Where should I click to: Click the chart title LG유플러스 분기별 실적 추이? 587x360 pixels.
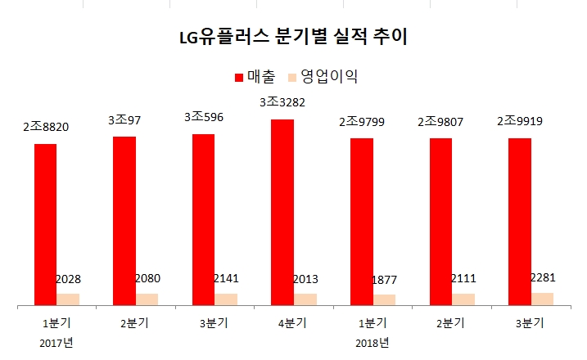pos(293,38)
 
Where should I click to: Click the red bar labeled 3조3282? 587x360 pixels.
pos(282,213)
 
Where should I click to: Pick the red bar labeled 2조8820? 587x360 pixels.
pos(45,225)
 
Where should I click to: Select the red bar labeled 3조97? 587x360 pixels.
pos(124,221)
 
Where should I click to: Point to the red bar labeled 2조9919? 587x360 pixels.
pos(520,222)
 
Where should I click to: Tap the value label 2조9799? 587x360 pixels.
pos(362,122)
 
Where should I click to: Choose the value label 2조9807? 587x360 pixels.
pos(440,122)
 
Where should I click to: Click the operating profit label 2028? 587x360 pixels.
pos(68,279)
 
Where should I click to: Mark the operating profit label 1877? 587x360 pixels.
pos(384,280)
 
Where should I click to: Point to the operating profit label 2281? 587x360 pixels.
pos(542,278)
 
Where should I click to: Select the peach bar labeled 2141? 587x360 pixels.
pos(227,299)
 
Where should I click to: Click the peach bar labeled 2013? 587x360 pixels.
pos(305,299)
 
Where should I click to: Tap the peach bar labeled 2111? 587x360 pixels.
pos(463,299)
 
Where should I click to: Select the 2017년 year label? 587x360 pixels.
pos(56,341)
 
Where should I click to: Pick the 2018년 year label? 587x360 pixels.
pos(373,341)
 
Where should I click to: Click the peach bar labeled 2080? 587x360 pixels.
pos(147,299)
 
